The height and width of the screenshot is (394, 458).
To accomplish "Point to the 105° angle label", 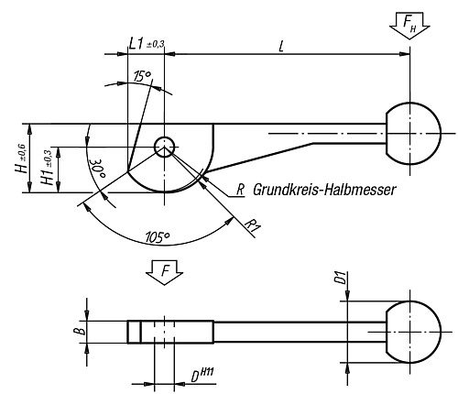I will pyautogui.click(x=158, y=237).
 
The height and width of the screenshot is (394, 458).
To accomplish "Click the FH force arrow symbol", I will pyautogui.click(x=407, y=24).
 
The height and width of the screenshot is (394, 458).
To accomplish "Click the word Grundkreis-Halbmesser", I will pyautogui.click(x=323, y=190).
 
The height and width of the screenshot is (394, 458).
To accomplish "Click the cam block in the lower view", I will pyautogui.click(x=169, y=330).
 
